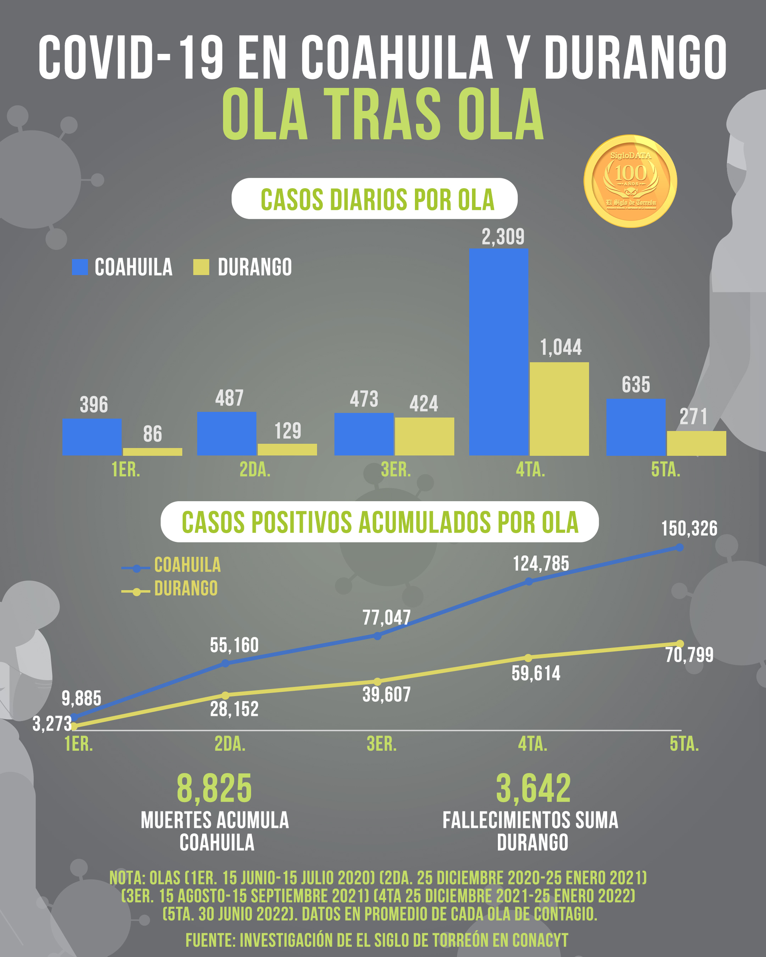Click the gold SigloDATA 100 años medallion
point(630,181)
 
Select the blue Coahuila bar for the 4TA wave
point(498,352)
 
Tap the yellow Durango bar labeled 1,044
point(559,408)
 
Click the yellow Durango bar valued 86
point(152,451)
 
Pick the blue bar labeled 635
point(636,427)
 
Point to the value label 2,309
point(503,236)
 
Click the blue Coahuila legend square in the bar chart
point(80,267)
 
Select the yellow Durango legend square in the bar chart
point(201,267)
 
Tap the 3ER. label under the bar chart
point(396,470)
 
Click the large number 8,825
point(214,788)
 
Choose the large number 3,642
point(533,788)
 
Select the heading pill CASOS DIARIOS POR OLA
point(374,199)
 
